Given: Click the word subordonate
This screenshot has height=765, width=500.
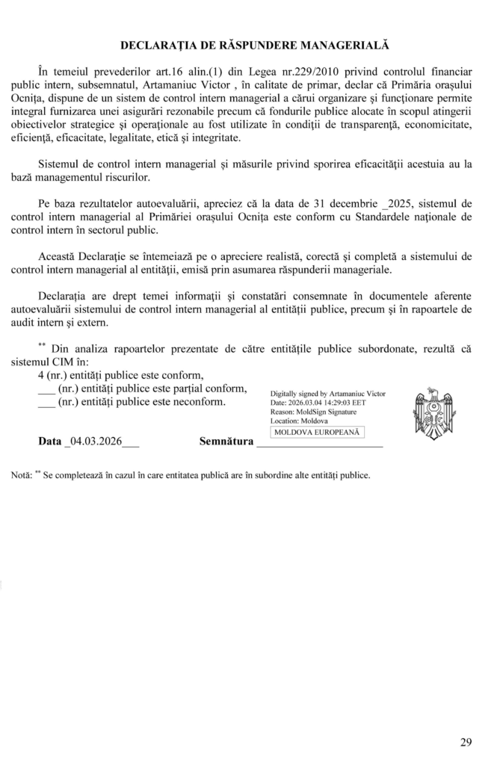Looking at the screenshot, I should click(383, 348).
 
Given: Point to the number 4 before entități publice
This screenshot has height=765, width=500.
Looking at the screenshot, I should click(41, 375).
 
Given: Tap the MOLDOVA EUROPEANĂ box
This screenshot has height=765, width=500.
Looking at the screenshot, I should click(317, 432).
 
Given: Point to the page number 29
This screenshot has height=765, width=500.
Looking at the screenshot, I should click(466, 742).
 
